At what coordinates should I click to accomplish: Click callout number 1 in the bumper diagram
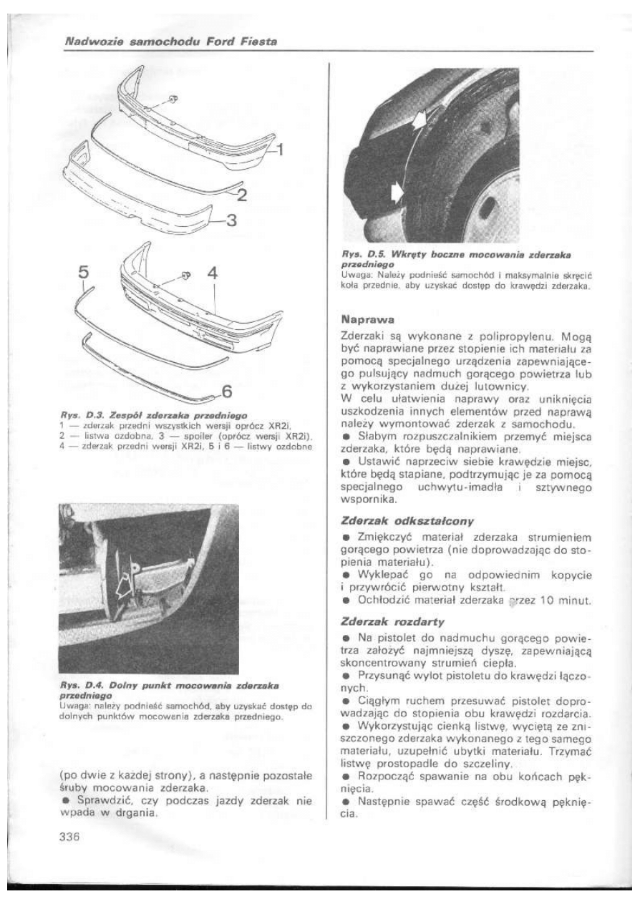tap(280, 150)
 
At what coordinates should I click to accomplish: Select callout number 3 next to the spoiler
tap(231, 221)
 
